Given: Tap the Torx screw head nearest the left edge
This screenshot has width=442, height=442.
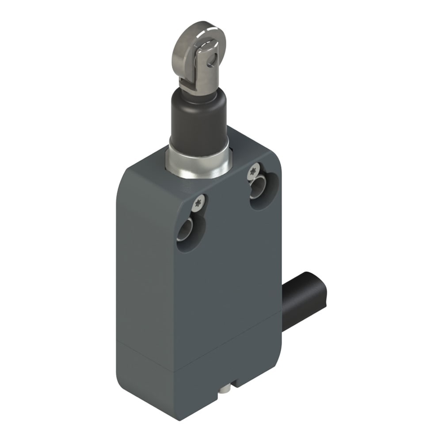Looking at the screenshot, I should pyautogui.click(x=199, y=203).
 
